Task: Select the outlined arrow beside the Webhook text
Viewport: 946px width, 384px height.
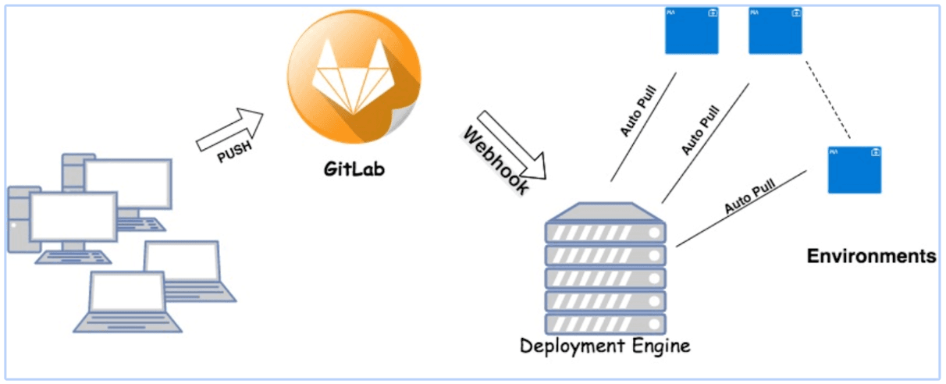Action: (x=516, y=145)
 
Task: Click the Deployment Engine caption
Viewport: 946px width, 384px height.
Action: (x=605, y=346)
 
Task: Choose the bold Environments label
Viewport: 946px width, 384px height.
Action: (x=871, y=256)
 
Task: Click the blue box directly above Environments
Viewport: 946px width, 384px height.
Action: (x=855, y=169)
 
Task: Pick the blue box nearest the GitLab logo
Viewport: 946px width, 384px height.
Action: (x=691, y=30)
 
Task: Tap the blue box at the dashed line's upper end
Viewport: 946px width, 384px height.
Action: (x=774, y=30)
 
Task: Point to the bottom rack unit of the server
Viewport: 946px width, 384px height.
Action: (x=605, y=322)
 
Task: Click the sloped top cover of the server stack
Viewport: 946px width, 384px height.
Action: (x=605, y=212)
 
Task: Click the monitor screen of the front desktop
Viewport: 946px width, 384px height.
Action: (x=73, y=216)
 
